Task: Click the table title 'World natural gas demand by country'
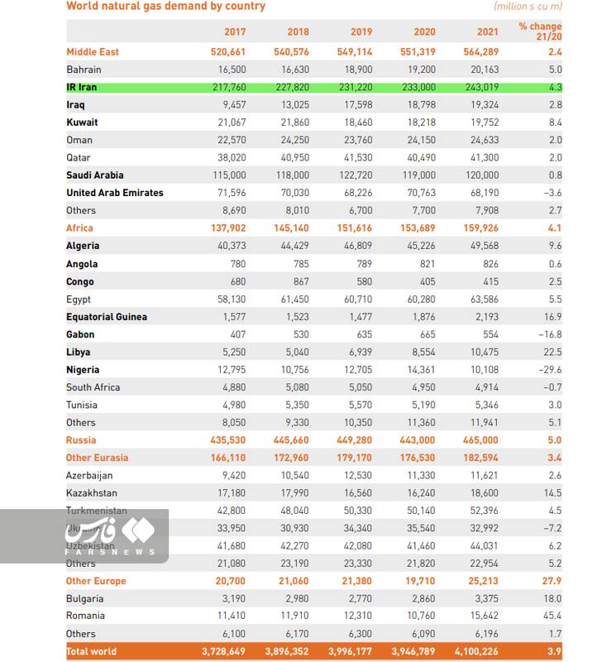tap(165, 7)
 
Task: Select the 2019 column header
tap(361, 32)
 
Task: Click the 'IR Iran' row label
tap(81, 87)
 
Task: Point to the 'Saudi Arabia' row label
tap(95, 175)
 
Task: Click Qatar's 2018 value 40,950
tap(294, 157)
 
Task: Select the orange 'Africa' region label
tap(79, 228)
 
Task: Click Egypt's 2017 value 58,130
tap(231, 300)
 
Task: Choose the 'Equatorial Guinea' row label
tap(107, 317)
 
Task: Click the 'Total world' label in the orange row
tap(91, 652)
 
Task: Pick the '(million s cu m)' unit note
tap(528, 7)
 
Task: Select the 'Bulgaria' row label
tap(85, 598)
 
